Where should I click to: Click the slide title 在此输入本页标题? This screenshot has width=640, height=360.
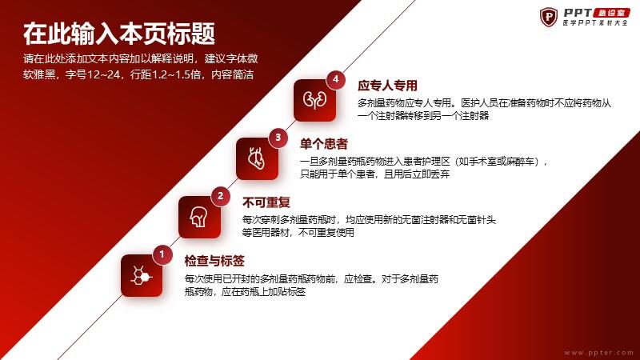119,34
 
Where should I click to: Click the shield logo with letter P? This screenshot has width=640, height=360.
549,17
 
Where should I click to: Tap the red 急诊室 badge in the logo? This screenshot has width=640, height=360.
612,13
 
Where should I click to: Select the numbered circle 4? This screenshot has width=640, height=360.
335,79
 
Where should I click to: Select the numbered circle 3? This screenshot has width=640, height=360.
278,138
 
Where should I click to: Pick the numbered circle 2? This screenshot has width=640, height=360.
221,196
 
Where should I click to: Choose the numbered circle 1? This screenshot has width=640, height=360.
162,254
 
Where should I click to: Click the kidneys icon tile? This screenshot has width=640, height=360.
314,101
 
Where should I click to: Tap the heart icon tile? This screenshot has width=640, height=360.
257,158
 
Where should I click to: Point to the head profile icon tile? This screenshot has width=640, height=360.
199,217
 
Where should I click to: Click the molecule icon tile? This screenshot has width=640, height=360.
142,275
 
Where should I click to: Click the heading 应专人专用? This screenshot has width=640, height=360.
387,86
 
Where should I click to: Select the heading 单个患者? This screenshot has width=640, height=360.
324,144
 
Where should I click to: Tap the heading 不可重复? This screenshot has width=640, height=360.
266,202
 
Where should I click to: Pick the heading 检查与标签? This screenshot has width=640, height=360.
214,261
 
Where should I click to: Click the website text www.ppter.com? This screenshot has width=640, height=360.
598,352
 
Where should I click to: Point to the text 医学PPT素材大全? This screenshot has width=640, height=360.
595,23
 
